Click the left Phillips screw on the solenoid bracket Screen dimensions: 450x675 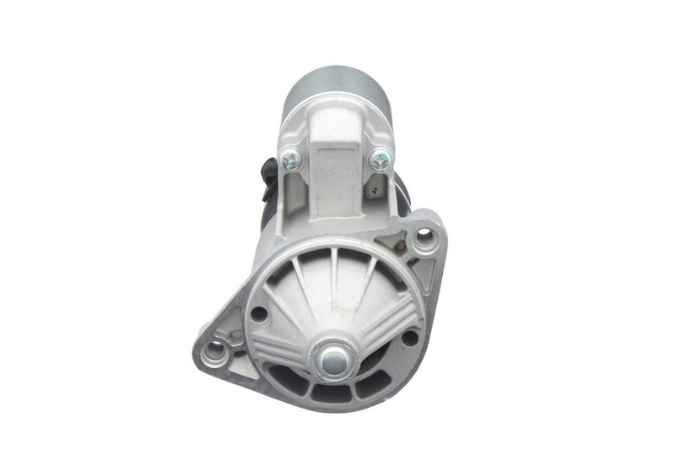coord(292,159)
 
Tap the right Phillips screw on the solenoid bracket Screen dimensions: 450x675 coord(381,158)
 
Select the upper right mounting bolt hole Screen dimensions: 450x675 coord(424,241)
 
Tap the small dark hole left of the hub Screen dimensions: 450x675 coord(259,314)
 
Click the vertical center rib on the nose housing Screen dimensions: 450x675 coord(335,279)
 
